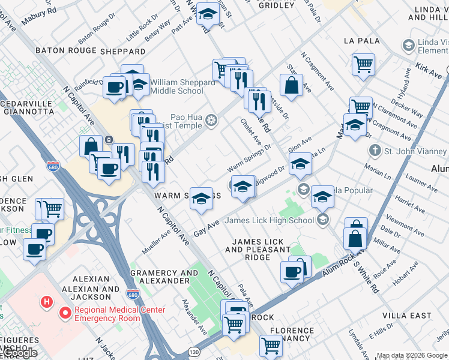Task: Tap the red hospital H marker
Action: click(x=46, y=301)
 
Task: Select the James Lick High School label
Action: click(x=270, y=220)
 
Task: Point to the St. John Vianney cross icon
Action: click(x=375, y=149)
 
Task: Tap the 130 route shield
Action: click(x=194, y=351)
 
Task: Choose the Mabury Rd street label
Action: click(x=38, y=19)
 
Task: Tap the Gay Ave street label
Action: click(x=206, y=227)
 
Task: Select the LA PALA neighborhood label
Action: click(x=360, y=41)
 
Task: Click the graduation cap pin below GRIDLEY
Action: click(x=208, y=14)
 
